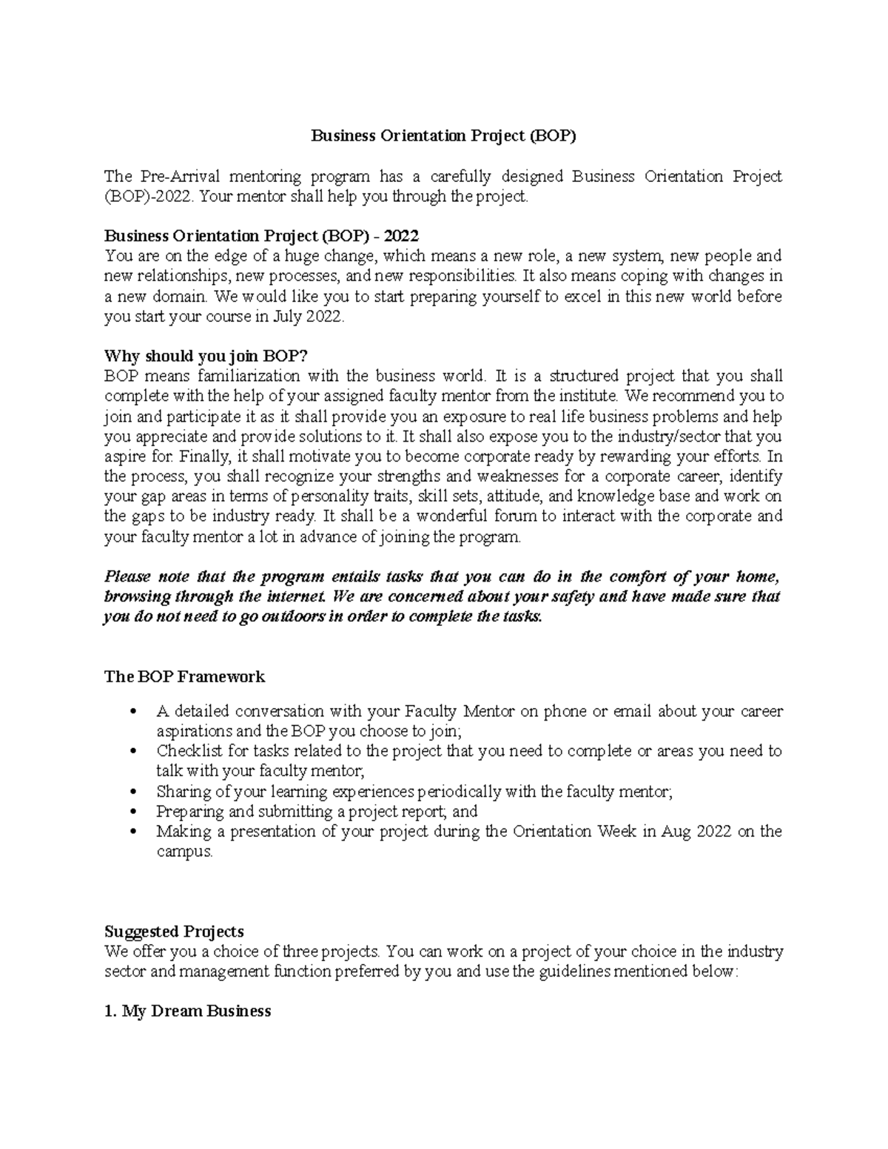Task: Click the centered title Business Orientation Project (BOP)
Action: point(443,136)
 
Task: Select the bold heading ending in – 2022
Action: point(261,236)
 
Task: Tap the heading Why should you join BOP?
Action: point(205,357)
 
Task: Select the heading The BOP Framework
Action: point(184,676)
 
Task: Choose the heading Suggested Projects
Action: point(174,931)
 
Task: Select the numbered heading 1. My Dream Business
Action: point(187,1011)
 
